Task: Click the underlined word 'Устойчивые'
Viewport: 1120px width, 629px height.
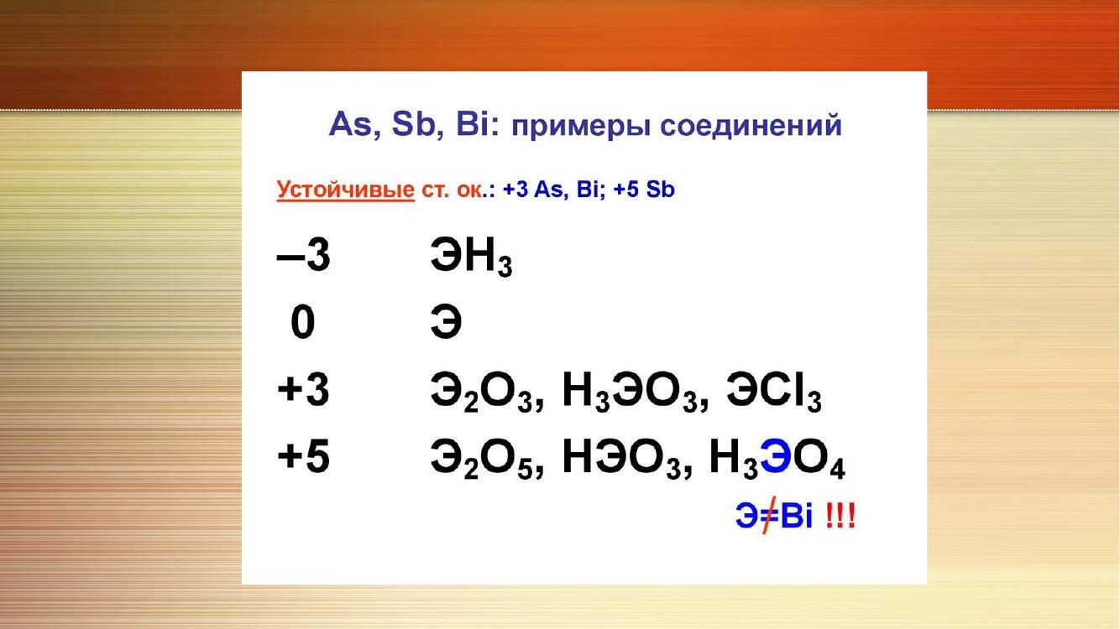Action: [x=346, y=190]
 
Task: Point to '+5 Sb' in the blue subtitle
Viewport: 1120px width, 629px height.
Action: [x=643, y=190]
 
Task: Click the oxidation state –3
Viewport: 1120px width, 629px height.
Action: [x=303, y=255]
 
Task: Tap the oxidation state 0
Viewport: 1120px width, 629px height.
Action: [x=302, y=322]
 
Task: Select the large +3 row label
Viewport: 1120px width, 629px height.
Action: [x=303, y=390]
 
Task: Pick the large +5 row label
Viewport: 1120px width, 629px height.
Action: [x=303, y=456]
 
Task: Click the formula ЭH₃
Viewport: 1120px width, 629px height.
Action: [x=472, y=257]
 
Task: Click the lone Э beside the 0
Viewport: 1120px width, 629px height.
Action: [x=446, y=322]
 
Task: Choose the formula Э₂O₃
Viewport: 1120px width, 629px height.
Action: [x=482, y=392]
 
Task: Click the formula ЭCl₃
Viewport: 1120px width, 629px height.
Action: [x=774, y=392]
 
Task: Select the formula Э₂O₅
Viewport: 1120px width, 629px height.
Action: [x=482, y=460]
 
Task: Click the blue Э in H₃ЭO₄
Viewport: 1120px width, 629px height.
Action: [x=776, y=456]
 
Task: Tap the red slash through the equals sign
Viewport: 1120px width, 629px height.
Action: [x=769, y=515]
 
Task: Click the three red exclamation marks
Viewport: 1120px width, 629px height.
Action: [x=840, y=515]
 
